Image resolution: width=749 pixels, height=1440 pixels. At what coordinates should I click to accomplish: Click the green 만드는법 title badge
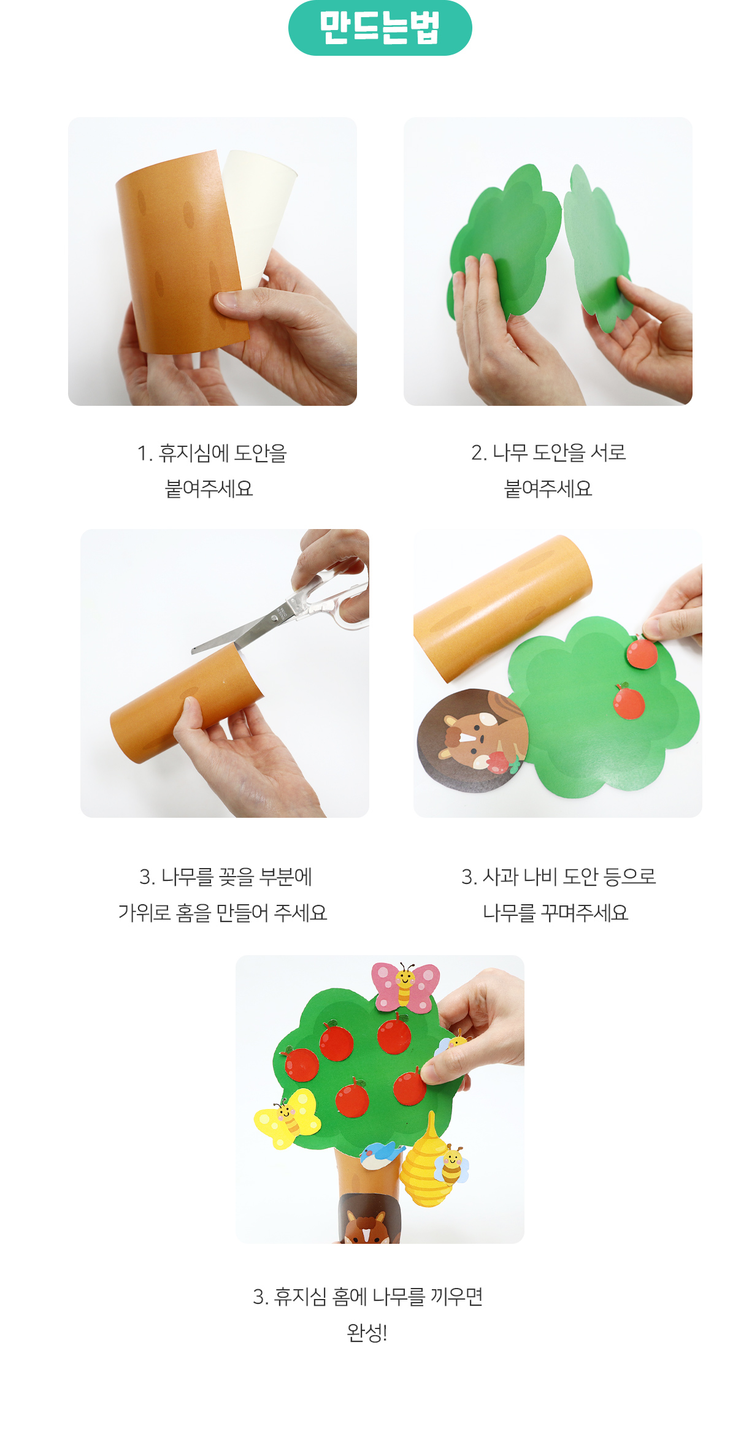[x=380, y=28]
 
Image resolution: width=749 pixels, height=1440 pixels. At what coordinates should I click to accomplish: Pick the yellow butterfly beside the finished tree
[x=287, y=1118]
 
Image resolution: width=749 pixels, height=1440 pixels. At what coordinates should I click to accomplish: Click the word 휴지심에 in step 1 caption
[x=193, y=453]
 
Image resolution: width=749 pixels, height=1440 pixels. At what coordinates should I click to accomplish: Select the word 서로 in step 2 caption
[x=608, y=452]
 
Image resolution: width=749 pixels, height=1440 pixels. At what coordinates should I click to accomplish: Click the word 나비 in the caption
[x=539, y=877]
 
